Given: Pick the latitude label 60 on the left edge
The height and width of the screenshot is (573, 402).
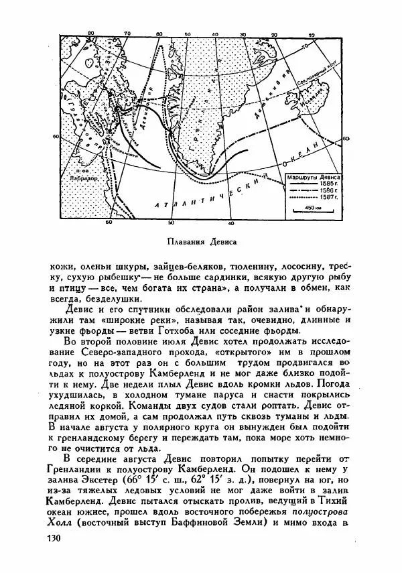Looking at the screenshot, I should click(56, 137).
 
